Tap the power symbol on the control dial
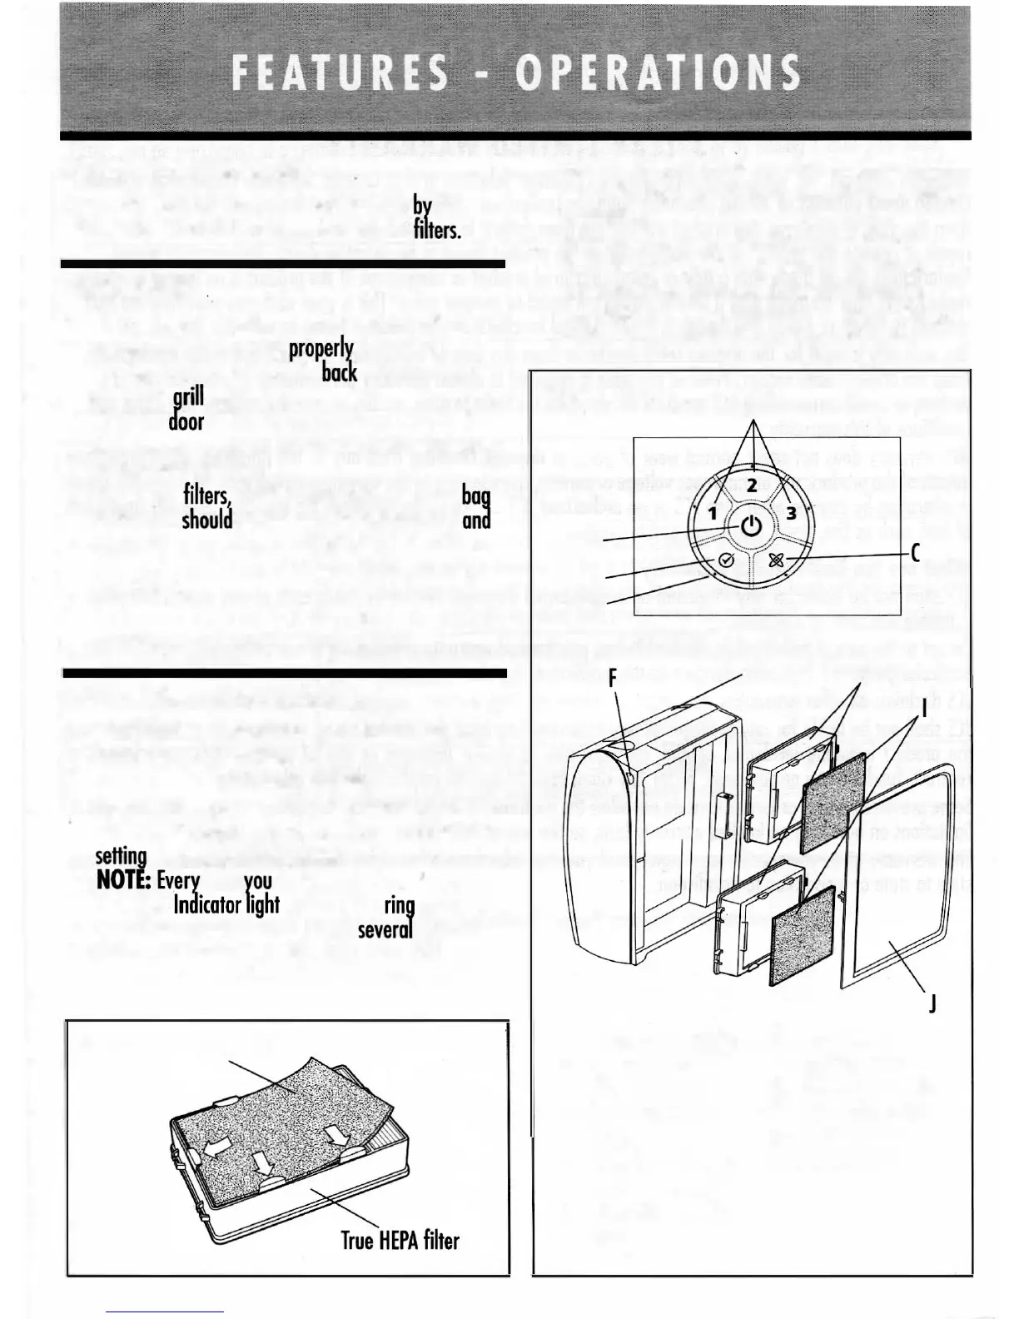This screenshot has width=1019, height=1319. pyautogui.click(x=751, y=526)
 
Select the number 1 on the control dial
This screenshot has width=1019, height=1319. pyautogui.click(x=713, y=514)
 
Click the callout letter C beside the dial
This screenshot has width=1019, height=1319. pyautogui.click(x=916, y=552)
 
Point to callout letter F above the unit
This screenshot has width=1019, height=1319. pyautogui.click(x=612, y=678)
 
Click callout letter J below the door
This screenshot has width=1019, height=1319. pyautogui.click(x=932, y=1005)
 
